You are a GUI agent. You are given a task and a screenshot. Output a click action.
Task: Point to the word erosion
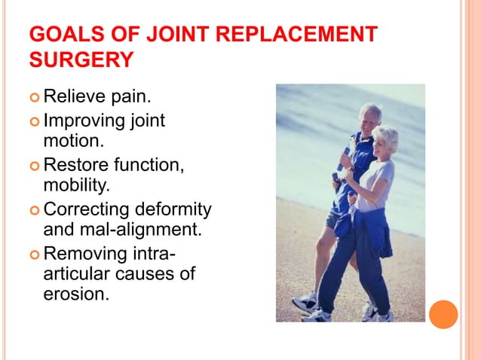pos(77,294)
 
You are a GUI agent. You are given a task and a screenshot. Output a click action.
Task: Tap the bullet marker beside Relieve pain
pos(35,97)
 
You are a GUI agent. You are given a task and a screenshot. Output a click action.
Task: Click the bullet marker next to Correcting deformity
pos(35,209)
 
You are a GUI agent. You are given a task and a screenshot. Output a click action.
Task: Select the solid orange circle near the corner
pos(443,314)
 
